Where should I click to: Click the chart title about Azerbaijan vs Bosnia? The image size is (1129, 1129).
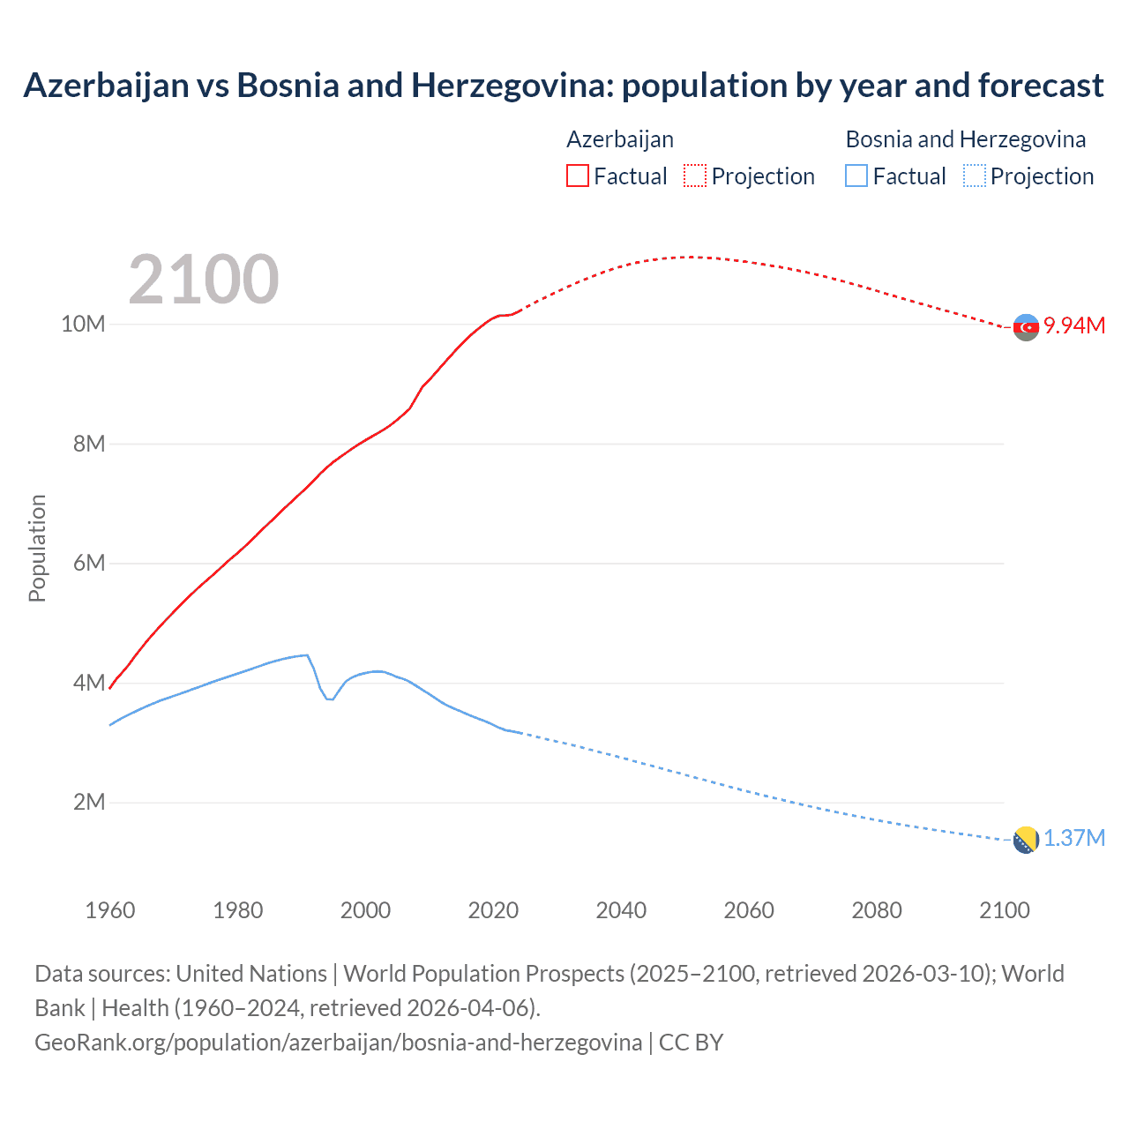coord(563,86)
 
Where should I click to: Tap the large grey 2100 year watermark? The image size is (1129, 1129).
coord(204,280)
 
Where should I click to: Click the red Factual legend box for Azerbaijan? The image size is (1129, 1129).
coord(577,176)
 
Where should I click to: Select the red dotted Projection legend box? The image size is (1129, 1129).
coord(694,176)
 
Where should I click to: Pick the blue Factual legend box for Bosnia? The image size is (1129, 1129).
coord(856,176)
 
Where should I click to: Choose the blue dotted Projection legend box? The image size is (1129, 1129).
coord(974,176)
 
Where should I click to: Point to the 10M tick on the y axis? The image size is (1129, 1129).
coord(83,324)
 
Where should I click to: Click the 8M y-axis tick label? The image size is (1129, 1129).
coord(88,444)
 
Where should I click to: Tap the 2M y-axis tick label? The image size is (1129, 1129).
coord(88,802)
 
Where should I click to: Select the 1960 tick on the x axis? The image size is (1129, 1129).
coord(110,910)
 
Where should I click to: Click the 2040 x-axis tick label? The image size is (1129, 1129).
coord(621,910)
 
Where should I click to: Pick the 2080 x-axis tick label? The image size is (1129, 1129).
coord(876,910)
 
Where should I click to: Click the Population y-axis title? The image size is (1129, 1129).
coord(37,548)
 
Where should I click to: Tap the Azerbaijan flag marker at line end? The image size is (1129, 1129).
coord(1026,327)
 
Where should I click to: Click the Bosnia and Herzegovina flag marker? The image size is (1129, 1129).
coord(1026,840)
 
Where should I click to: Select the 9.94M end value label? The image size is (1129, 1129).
coord(1074,325)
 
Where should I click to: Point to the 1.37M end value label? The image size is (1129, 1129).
coord(1074,838)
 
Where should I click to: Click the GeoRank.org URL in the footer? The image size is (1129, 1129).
coord(338,1042)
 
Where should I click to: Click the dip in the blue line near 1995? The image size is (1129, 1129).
coord(330,699)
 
